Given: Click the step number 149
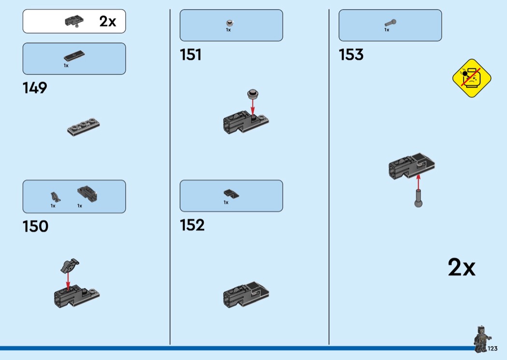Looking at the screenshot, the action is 35,88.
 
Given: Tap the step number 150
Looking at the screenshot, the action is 36,226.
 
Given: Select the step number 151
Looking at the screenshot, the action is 190,55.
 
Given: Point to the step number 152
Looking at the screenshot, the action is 192,225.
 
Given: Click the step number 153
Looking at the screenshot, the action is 351,55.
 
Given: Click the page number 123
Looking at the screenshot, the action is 493,348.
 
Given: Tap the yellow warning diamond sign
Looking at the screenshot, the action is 472,78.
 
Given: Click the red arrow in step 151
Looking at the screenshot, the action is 253,107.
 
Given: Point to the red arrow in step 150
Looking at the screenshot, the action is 68,281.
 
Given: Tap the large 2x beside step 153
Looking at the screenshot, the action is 462,267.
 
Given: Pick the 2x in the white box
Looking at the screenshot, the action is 108,21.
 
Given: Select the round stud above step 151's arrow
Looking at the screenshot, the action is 253,94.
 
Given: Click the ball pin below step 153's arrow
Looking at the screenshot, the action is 419,198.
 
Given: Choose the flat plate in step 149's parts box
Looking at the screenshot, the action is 74,56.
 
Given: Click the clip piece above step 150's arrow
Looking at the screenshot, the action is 70,265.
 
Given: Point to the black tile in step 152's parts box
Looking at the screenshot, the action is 231,194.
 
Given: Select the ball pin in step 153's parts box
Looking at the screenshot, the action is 391,23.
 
